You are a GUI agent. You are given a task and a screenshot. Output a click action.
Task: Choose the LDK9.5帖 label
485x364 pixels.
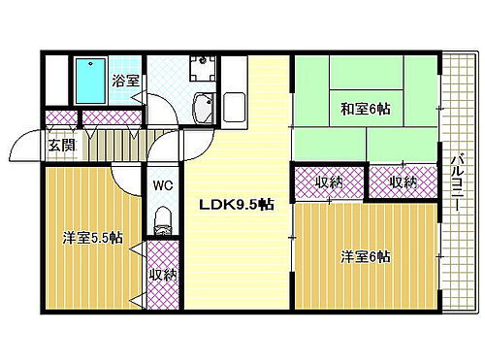point(236,206)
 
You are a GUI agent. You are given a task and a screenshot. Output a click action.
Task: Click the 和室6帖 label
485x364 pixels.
point(364,108)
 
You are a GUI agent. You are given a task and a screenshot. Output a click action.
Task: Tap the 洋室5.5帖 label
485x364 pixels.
point(93,236)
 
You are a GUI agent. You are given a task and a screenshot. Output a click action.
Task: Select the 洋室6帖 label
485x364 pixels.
point(365,256)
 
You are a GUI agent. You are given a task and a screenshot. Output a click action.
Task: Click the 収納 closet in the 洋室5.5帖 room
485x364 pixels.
point(162,275)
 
